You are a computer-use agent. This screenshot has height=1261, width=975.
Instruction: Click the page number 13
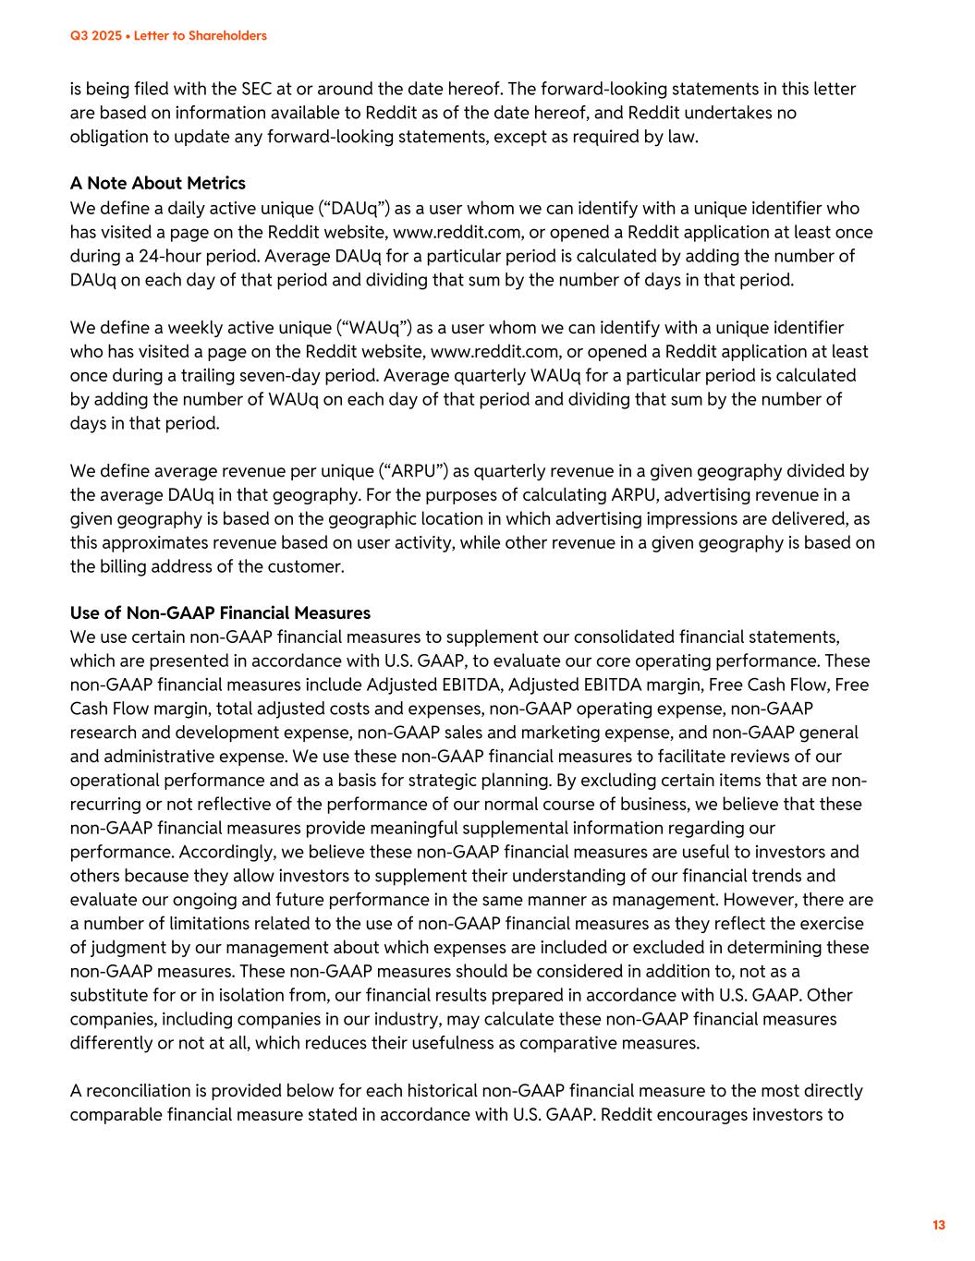pos(939,1225)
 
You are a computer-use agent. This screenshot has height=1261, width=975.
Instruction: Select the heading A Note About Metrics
pos(158,183)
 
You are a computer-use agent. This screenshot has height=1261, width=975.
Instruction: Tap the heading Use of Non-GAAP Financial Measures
pos(220,612)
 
